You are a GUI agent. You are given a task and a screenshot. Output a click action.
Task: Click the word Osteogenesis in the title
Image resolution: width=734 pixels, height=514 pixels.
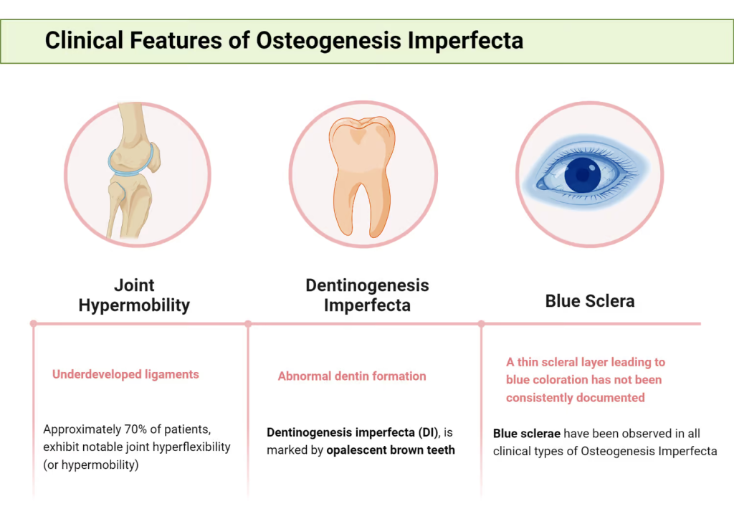click(x=328, y=41)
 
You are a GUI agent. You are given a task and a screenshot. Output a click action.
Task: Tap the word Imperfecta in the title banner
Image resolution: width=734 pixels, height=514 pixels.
click(x=465, y=41)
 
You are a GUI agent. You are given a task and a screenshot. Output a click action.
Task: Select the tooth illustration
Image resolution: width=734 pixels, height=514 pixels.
click(x=362, y=176)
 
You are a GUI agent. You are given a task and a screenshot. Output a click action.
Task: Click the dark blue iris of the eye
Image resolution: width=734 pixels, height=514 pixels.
click(x=582, y=175)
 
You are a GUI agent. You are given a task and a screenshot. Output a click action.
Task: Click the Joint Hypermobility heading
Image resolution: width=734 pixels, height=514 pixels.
click(x=134, y=295)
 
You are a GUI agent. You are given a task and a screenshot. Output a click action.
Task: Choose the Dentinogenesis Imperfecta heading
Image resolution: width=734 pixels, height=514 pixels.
click(x=367, y=295)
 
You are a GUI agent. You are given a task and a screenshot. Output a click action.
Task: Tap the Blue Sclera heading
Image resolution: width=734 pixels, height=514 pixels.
click(x=590, y=301)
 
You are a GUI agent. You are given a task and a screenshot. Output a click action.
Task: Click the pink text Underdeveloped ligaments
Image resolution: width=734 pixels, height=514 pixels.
click(x=125, y=374)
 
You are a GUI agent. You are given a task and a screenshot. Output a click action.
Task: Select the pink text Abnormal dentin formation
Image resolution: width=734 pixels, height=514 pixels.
click(x=352, y=376)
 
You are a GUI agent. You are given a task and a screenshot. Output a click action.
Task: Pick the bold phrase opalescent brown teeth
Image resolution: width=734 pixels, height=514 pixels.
click(x=391, y=450)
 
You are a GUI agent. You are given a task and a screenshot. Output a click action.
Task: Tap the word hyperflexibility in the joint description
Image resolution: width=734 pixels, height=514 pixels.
click(x=193, y=447)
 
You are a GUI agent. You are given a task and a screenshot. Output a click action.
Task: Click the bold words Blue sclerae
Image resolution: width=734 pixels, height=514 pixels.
click(x=527, y=434)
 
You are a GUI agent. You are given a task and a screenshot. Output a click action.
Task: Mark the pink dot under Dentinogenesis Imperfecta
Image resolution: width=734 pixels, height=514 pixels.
click(x=248, y=324)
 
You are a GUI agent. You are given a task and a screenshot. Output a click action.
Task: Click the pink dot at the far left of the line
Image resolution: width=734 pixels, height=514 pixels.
click(x=33, y=324)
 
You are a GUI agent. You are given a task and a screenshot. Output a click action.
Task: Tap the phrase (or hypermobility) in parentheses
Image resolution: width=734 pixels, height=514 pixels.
click(x=91, y=465)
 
